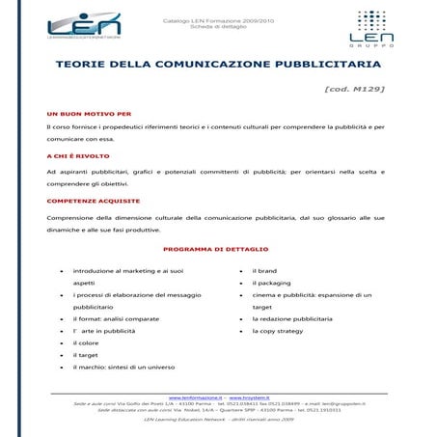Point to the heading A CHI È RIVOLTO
(x=77, y=156)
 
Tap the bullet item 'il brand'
(x=264, y=271)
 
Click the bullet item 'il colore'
(x=86, y=342)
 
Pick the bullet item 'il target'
(x=86, y=355)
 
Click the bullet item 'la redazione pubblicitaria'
(x=298, y=318)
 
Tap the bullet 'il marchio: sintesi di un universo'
(x=123, y=367)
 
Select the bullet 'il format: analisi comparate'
(x=116, y=318)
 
